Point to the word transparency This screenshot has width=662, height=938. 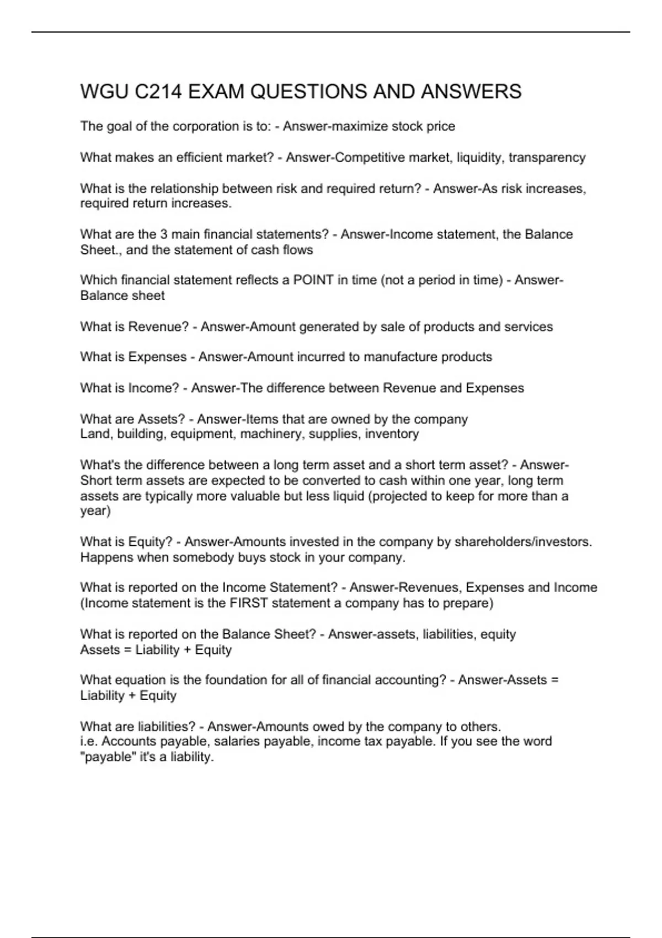547,158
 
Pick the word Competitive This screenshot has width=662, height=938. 369,158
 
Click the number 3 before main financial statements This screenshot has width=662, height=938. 164,234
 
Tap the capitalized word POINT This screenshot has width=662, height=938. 313,280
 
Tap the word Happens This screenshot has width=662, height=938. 107,557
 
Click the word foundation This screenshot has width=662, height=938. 235,680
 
